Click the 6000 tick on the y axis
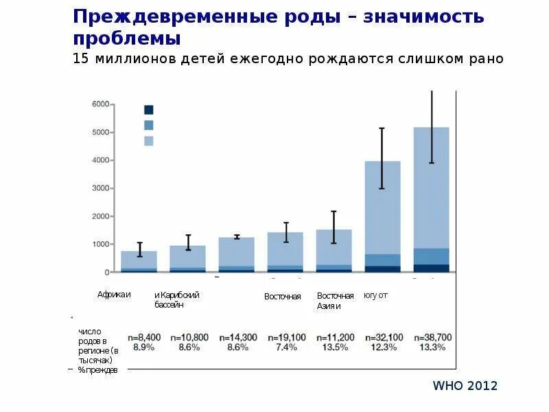[100, 104]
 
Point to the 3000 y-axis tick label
[100, 188]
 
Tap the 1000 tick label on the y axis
[100, 244]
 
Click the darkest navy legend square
[148, 109]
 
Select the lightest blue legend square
[148, 141]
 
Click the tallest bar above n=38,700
[432, 199]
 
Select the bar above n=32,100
[382, 216]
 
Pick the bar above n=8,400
[139, 262]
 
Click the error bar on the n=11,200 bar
[334, 227]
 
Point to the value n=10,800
[189, 337]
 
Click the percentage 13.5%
[334, 347]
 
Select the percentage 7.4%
[285, 347]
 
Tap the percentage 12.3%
[383, 347]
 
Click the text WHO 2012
[465, 385]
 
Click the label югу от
[375, 295]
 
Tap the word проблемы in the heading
[127, 38]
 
